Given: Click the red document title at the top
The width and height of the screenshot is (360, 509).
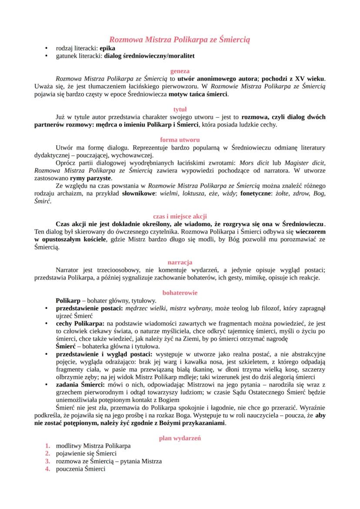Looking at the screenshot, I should coord(180,40).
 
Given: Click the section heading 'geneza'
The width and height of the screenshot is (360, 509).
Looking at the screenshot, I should coord(180,71).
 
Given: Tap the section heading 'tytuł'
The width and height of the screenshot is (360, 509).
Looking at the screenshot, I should coord(180,110).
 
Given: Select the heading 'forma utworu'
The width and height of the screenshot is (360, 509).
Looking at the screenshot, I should coord(180,140).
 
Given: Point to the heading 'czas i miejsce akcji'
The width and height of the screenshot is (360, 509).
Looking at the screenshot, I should coord(180,216).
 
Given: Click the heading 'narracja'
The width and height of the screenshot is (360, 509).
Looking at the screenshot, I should coord(180,262).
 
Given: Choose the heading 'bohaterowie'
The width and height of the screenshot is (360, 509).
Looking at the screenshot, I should coord(180,293).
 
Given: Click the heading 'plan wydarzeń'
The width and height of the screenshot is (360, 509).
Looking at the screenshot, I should coord(180,438).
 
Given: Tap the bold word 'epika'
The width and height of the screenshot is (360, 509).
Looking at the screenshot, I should coord(108,48).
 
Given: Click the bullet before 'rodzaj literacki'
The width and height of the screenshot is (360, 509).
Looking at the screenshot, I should coord(47,48).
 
